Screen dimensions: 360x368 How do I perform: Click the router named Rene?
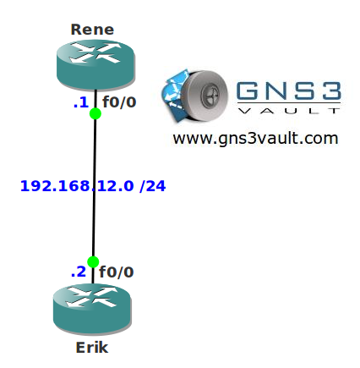click(95, 65)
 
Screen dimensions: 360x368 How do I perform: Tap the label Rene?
click(92, 30)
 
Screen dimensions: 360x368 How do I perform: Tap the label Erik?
click(92, 348)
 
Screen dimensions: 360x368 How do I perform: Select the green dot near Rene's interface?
click(95, 113)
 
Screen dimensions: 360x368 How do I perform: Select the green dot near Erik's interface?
click(93, 262)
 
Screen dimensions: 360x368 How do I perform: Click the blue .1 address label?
click(81, 102)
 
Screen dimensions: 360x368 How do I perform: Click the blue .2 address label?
click(79, 272)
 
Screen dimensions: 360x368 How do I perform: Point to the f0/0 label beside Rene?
click(119, 102)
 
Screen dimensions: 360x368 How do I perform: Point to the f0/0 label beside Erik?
click(117, 272)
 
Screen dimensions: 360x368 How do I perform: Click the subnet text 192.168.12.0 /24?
click(93, 186)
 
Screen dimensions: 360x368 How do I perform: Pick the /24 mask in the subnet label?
click(153, 186)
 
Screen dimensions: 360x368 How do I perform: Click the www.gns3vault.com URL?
click(255, 139)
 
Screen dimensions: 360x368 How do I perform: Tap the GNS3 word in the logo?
click(289, 91)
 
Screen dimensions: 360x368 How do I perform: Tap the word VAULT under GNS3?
click(289, 111)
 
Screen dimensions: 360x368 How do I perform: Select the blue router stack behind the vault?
click(173, 96)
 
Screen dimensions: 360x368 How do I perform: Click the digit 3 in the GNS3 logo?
click(331, 91)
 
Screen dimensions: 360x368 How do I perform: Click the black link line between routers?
click(94, 187)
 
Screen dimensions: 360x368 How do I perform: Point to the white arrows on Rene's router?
click(95, 52)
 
